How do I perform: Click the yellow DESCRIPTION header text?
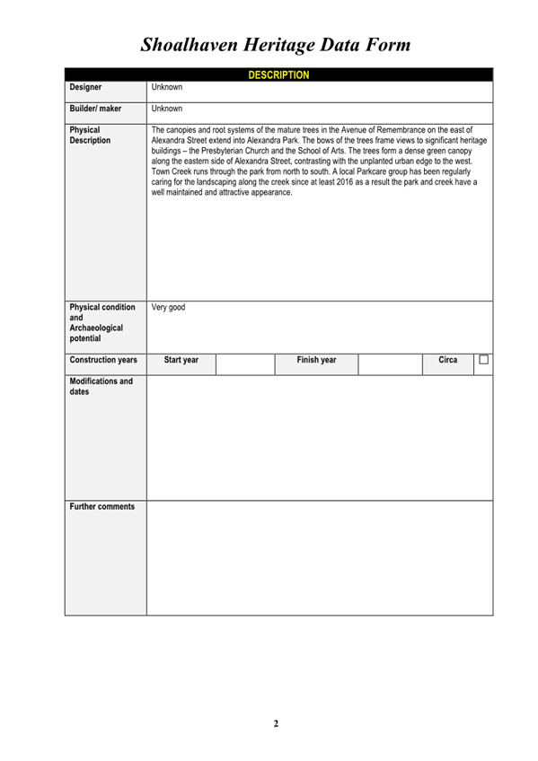click(278, 75)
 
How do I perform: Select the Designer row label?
click(85, 88)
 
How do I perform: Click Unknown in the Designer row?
click(167, 88)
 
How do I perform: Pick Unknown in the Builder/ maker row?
click(167, 109)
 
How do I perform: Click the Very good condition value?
click(169, 308)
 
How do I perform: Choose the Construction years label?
click(103, 360)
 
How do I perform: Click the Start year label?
click(181, 360)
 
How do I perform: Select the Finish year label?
click(316, 360)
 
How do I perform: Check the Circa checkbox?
click(483, 360)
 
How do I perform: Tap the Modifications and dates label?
click(101, 387)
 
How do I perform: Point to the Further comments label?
click(102, 507)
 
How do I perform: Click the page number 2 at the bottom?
click(277, 723)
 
